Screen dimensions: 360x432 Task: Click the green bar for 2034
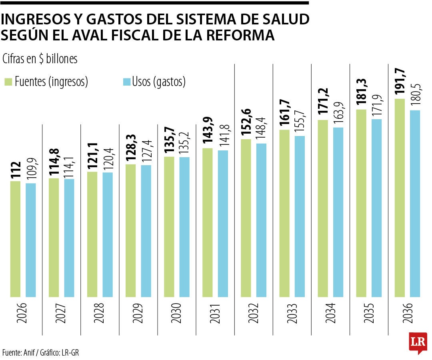tap(323, 208)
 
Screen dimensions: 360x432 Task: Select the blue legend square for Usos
tap(126, 82)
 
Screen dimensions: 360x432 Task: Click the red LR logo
tap(418, 342)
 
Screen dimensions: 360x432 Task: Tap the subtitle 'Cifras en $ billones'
tap(40, 59)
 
